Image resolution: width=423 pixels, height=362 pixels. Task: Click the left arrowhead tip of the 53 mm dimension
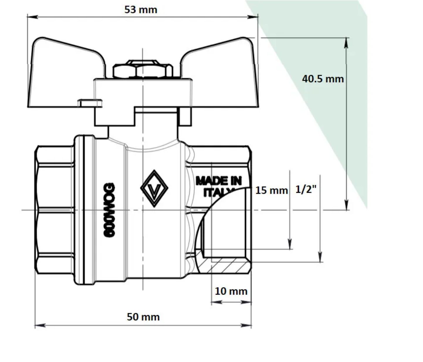coord(28,17)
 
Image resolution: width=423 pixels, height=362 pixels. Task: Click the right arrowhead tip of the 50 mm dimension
coord(251,325)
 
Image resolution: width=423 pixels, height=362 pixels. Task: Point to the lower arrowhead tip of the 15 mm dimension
coord(290,249)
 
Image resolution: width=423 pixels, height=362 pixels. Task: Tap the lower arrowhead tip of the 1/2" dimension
coord(320,262)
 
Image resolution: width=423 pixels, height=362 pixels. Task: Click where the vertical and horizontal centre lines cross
coord(143,210)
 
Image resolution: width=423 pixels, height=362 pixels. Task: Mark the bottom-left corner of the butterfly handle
coord(28,107)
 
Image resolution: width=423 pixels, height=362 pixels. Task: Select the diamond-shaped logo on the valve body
coord(154,188)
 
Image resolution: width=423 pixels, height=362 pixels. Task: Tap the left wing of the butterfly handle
coord(65,73)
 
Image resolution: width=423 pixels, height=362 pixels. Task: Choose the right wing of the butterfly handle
coord(220,73)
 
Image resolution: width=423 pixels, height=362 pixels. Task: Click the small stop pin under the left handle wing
coord(90,103)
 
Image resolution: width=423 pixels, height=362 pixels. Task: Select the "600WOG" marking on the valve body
coord(109,210)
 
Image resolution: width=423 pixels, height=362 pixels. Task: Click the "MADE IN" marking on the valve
coord(219,181)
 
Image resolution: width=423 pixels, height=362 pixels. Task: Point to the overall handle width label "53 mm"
coord(141,10)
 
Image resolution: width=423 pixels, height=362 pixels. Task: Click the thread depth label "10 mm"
coord(231,291)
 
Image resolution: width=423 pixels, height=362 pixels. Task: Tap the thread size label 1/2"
coord(306,189)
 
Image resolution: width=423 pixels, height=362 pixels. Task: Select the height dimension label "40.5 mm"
coord(323,79)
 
